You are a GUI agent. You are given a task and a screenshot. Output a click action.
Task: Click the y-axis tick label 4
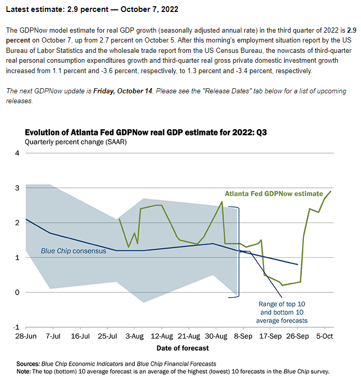click(x=17, y=153)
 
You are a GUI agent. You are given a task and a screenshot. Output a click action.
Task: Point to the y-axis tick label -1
click(x=16, y=327)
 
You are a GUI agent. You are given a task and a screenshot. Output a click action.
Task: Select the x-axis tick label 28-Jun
click(x=25, y=336)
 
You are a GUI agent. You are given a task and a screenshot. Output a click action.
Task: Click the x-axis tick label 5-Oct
click(x=325, y=336)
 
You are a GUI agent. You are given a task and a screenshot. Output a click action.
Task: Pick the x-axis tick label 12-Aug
click(x=162, y=336)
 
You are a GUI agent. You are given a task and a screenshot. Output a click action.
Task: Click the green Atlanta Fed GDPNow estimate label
click(x=276, y=193)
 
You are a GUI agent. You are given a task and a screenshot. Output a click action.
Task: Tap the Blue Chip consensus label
click(x=74, y=251)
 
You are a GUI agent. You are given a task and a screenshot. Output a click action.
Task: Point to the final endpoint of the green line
click(x=331, y=191)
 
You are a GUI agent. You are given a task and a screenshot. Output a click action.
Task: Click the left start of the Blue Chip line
click(x=26, y=219)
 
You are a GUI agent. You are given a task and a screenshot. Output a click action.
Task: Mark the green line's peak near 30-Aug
click(x=222, y=202)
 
